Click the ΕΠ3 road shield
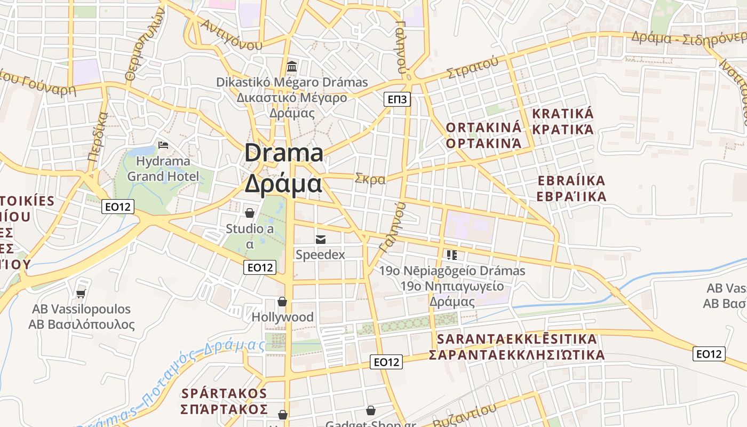398,99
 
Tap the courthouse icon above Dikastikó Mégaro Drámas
292,67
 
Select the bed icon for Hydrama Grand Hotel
164,145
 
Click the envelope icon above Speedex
321,240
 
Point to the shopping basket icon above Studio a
249,213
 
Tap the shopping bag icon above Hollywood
282,302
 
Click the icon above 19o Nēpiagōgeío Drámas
452,255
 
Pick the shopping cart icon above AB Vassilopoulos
81,294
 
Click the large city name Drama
284,153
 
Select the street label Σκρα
370,179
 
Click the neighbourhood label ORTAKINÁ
483,128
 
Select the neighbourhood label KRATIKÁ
563,114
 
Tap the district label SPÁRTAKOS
224,393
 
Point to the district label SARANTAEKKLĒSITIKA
517,339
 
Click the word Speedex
320,255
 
